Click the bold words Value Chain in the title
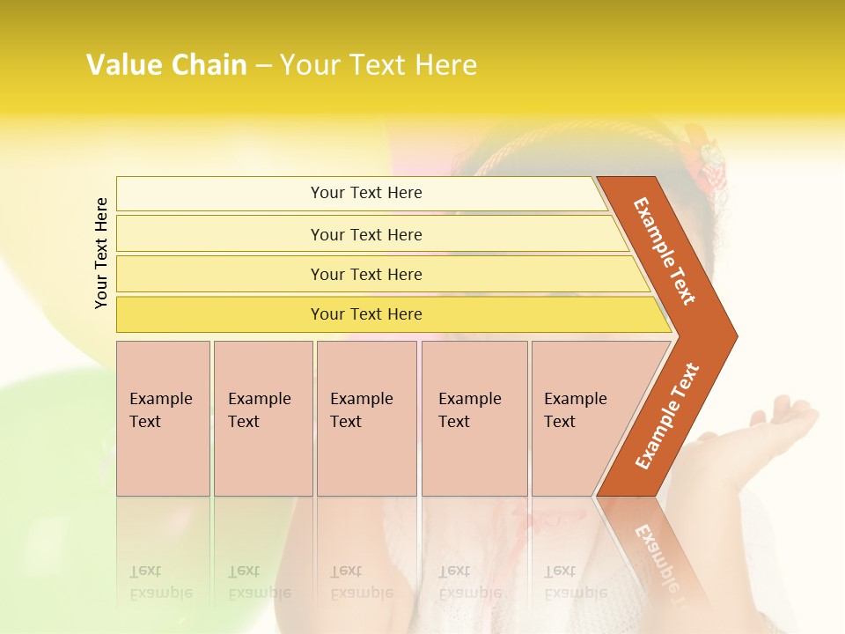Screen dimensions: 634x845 [166, 65]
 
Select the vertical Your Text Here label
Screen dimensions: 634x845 [101, 253]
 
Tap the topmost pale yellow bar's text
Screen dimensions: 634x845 [366, 193]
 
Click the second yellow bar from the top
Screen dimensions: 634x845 [366, 234]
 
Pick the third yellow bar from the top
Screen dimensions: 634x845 [366, 274]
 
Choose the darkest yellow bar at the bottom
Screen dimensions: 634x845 [366, 314]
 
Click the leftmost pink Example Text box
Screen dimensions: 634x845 [162, 410]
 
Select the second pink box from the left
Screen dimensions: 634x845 [261, 410]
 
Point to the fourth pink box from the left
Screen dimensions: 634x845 [473, 410]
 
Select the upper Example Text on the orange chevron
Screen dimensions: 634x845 [665, 251]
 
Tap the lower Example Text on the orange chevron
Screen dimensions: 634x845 [667, 416]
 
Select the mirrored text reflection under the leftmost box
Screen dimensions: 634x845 [161, 582]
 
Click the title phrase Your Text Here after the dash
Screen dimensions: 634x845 [378, 65]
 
